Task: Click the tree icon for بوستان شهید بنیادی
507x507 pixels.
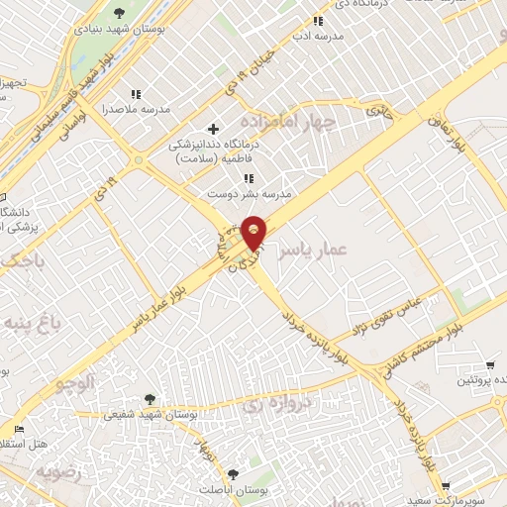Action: (120, 13)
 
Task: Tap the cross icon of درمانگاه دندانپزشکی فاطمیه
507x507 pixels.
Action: (213, 129)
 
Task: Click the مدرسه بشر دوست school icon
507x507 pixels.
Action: (249, 178)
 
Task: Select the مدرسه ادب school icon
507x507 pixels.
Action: (318, 20)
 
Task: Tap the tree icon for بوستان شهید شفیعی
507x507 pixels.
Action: (150, 398)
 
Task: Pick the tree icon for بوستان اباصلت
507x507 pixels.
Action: (233, 474)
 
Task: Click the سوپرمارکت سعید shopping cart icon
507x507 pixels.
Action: (448, 485)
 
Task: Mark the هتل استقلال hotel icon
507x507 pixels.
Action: (19, 430)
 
